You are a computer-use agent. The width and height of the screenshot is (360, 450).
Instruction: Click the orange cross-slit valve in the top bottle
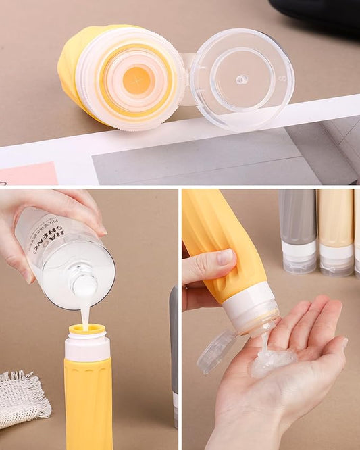137,80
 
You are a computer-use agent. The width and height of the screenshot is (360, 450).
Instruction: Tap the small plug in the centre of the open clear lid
241,79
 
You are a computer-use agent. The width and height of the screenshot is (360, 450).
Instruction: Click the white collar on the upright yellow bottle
87,347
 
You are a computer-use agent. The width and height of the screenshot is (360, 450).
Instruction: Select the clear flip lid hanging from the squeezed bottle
216,351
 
